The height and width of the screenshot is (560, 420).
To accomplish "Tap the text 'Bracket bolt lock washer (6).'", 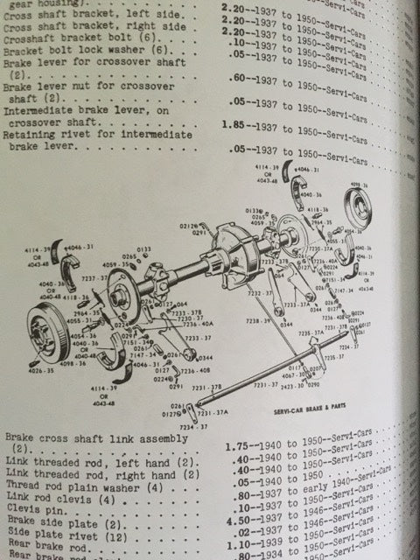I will click(x=82, y=52).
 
